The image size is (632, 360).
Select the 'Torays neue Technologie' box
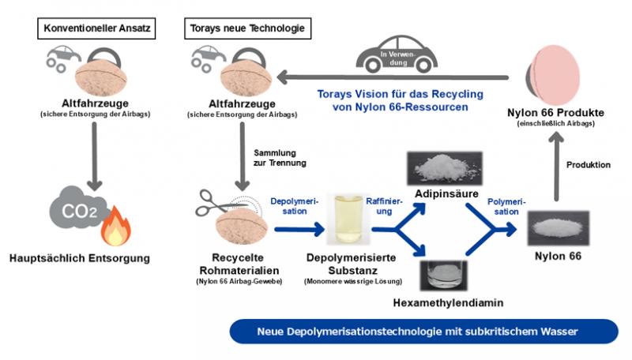[x=246, y=30]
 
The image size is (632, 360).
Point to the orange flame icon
[x=116, y=226]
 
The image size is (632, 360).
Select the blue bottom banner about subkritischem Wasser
[x=423, y=332]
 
